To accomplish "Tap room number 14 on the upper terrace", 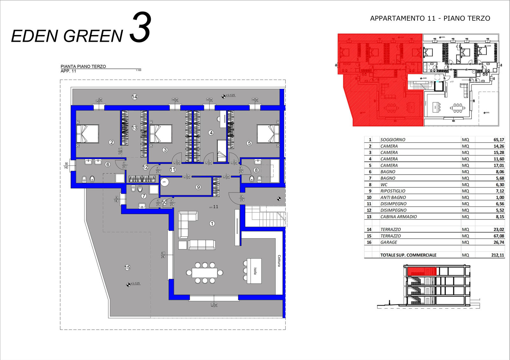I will [135, 97].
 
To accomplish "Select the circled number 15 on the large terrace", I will [127, 268].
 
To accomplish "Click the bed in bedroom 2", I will [87, 134].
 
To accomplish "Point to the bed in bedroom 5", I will [268, 134].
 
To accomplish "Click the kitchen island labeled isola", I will [254, 271].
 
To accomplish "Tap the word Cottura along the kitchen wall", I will [279, 261].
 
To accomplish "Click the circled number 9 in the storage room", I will [198, 187].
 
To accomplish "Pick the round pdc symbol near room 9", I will [164, 182].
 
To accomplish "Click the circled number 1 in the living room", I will [212, 224].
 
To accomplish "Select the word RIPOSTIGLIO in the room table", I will [393, 191].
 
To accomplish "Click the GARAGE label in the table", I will [389, 242].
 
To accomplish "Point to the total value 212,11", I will [498, 255].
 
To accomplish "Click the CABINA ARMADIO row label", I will [398, 217].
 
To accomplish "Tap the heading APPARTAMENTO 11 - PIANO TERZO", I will [430, 18].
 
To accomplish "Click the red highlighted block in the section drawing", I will [421, 271].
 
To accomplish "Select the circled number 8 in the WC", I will [256, 170].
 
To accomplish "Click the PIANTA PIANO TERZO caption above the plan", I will [83, 66].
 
